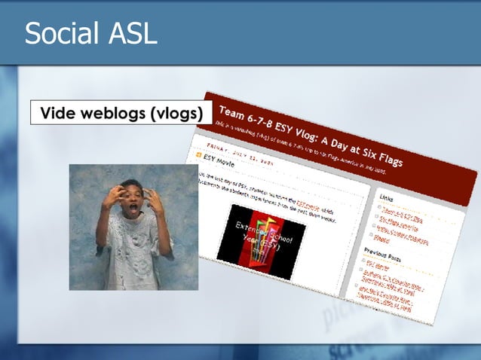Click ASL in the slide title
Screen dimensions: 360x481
pyautogui.click(x=133, y=34)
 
